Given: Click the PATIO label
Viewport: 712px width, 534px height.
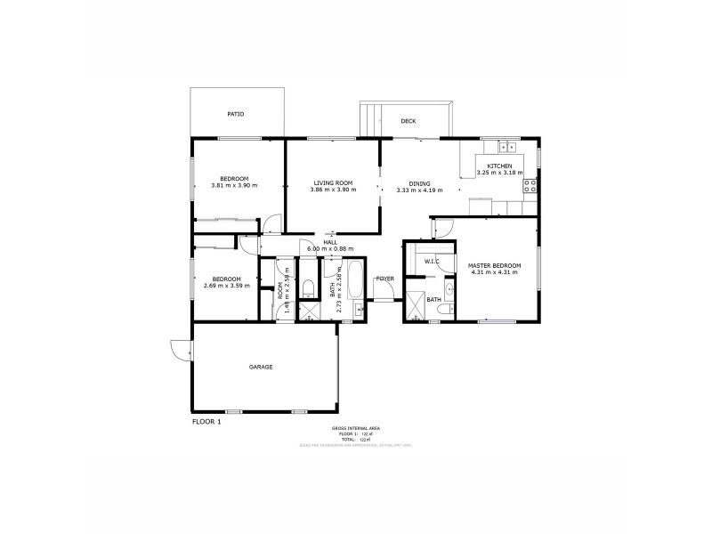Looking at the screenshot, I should pos(235,114).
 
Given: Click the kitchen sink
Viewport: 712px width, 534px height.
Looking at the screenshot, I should pos(509,147).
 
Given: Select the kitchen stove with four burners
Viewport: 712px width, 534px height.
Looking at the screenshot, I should pos(530,185).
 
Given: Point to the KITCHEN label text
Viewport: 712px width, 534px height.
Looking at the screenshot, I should pos(499,166).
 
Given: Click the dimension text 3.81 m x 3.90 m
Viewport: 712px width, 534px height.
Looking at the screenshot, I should pos(234,185).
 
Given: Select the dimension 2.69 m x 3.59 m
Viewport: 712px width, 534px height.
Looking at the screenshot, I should pos(227,286).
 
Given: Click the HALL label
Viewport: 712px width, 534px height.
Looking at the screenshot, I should pos(330,242).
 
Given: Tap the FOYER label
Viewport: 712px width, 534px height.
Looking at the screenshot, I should pos(384,279).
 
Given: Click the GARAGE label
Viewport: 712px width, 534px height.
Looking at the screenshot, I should pos(261,367).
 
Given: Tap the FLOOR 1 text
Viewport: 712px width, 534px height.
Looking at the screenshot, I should pos(206,421).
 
